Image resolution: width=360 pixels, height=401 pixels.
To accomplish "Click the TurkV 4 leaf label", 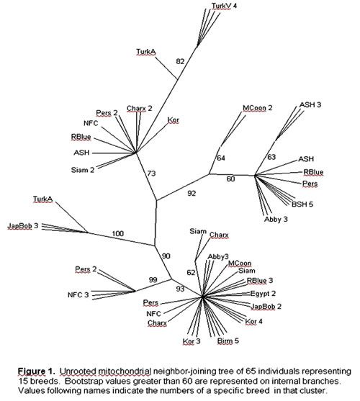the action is (x=224, y=6).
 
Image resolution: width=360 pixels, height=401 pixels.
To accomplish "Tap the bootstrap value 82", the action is (x=180, y=61).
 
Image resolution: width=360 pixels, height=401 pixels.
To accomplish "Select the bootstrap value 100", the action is (x=117, y=233).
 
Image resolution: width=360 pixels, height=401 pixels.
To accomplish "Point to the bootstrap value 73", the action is (x=151, y=174).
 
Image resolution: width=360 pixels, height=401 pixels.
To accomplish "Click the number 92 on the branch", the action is (x=192, y=194).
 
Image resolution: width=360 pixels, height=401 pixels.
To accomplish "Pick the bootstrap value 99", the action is (x=153, y=279).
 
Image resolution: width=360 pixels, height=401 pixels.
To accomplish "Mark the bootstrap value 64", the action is (x=221, y=158).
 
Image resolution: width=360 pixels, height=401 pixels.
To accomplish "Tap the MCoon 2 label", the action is (x=258, y=108).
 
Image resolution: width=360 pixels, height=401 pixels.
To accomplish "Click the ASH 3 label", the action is (x=310, y=105).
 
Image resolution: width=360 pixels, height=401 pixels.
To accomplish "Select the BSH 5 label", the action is (x=302, y=204).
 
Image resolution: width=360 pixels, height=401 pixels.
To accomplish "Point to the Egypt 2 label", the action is (x=263, y=294).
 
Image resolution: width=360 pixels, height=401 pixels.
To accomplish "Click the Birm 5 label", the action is (x=228, y=341).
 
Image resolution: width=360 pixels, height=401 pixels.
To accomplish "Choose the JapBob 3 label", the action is (x=23, y=226).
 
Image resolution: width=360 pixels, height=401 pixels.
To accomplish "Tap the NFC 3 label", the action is (x=78, y=295).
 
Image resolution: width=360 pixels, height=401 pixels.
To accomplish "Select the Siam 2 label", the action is (x=83, y=170).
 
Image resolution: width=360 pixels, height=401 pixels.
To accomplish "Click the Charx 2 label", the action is (x=140, y=109).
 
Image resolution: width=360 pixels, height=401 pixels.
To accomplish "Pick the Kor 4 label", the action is (x=253, y=322).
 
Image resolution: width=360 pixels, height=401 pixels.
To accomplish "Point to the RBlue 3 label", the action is (x=260, y=281).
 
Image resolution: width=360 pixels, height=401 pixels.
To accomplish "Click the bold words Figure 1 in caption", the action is (x=36, y=371).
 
